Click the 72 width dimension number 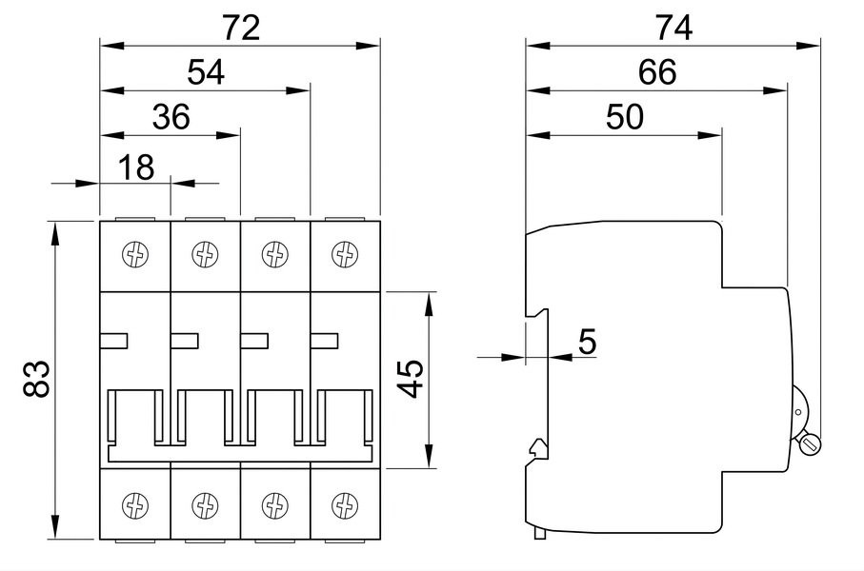[x=241, y=28]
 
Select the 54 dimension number [x=206, y=72]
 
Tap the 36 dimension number [x=171, y=117]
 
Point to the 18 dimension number [x=136, y=167]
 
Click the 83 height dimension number [x=37, y=379]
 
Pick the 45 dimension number [x=411, y=379]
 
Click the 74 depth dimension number [x=673, y=28]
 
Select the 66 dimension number [x=657, y=72]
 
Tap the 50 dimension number [x=625, y=117]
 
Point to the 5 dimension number [x=588, y=342]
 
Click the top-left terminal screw [x=135, y=254]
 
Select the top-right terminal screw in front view [x=345, y=254]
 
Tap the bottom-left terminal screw [x=135, y=505]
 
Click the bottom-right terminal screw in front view [x=345, y=505]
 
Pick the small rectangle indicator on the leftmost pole [x=114, y=341]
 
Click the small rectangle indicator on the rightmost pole [x=324, y=341]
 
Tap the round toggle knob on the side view [x=811, y=443]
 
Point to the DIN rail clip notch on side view [x=537, y=449]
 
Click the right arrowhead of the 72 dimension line [x=368, y=45]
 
